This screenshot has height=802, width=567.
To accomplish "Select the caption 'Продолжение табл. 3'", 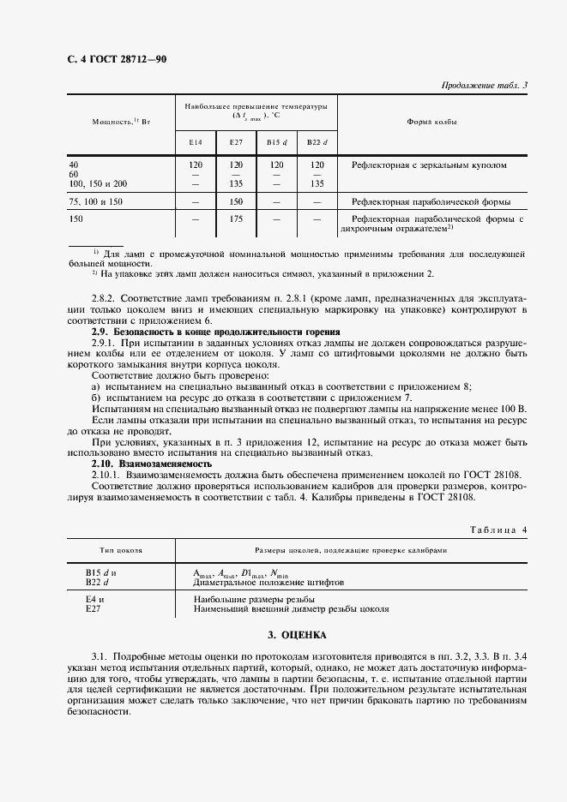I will (483, 85).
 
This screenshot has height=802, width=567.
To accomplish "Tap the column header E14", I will (196, 141).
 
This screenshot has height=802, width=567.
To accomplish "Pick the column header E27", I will (235, 141).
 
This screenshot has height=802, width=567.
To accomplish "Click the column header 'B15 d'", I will (276, 141).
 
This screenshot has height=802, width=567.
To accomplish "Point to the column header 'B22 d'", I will (317, 141).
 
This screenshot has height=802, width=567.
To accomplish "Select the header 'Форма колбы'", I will (431, 122).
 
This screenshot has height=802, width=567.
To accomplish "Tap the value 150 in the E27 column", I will (235, 202).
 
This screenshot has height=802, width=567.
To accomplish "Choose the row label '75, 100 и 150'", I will (96, 202).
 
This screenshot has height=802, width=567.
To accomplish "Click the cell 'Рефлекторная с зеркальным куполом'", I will (423, 165).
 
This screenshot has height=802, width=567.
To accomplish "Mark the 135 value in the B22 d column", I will (317, 183).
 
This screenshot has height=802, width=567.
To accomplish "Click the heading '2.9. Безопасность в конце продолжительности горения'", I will (215, 332).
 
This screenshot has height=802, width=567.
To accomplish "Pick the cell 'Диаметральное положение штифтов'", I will (269, 581).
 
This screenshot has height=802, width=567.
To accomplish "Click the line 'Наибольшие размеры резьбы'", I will (255, 600).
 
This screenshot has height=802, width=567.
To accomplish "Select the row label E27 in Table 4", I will (93, 609).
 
